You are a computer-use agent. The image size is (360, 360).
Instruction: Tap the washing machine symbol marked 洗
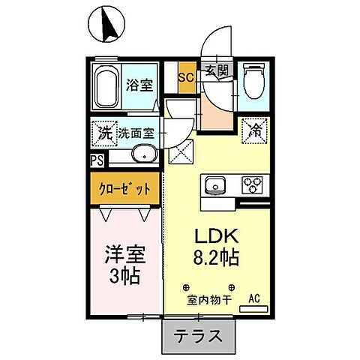click(x=103, y=133)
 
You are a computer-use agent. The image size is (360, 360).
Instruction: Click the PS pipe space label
click(x=97, y=160)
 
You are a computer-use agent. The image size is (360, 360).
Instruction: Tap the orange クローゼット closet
click(x=126, y=187)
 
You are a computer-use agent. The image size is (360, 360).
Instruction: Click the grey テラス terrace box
click(x=198, y=336)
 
